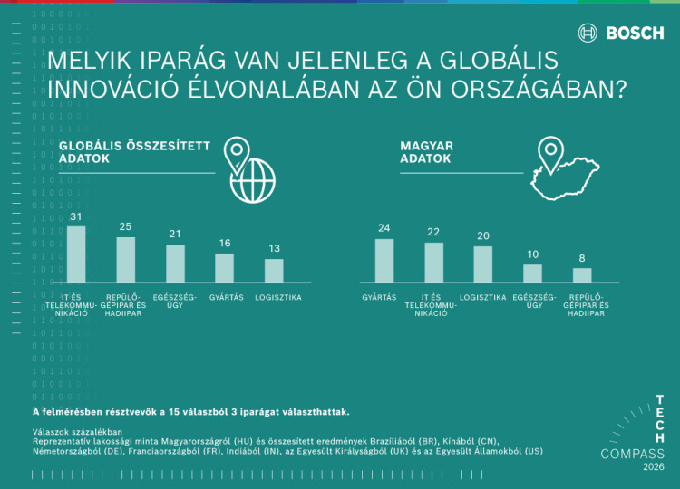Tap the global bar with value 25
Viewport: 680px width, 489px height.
(x=126, y=260)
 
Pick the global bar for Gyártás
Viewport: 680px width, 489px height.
(x=224, y=268)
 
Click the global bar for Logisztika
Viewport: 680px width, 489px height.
(x=274, y=271)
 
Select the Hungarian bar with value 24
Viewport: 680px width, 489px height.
(x=384, y=260)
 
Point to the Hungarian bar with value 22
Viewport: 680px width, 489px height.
(x=434, y=262)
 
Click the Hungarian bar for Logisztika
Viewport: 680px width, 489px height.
(x=483, y=264)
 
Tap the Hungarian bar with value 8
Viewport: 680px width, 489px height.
(x=582, y=274)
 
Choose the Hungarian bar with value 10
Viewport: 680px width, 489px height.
(x=532, y=273)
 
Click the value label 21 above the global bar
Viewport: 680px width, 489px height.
(x=175, y=235)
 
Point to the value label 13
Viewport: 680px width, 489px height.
(x=274, y=249)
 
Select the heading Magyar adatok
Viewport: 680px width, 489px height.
(x=427, y=151)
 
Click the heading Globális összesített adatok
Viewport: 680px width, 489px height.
(x=134, y=151)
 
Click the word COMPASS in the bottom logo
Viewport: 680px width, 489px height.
(x=633, y=454)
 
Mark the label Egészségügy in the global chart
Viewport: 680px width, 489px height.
(x=175, y=302)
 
